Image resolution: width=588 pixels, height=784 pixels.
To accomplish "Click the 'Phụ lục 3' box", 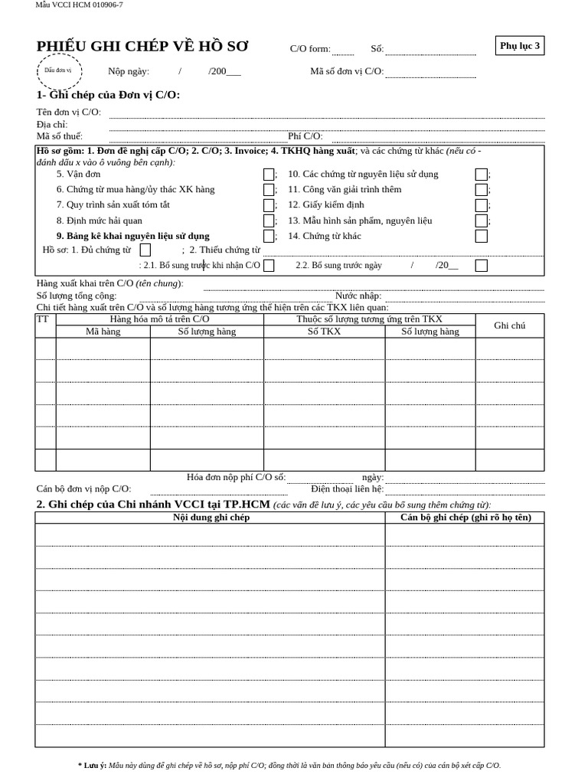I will pos(520,46).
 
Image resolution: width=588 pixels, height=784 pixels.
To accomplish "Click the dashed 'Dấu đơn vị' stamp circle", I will pos(58,70).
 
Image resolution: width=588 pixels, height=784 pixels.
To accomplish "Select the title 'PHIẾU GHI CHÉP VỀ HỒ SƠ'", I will pos(142,47).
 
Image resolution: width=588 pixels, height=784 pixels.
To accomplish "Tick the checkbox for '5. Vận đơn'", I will pos(269,175).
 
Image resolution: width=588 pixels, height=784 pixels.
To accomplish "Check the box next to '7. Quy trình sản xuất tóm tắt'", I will pos(269,205).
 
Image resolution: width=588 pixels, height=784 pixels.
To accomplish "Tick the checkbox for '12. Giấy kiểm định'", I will pos(481,205).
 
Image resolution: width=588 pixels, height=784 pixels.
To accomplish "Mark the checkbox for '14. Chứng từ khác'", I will pos(481,236).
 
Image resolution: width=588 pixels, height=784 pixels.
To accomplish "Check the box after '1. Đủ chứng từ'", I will pos(145,250).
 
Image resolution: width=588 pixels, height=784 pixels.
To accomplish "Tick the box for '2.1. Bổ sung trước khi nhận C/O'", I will pos(269,266).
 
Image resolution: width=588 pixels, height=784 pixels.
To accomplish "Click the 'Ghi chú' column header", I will pos(509,325).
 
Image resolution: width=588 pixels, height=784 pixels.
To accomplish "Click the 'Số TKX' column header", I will pos(324,332).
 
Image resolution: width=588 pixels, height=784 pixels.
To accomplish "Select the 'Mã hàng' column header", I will pos(103,332).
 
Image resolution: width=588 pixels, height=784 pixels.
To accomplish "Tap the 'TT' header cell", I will pos(43,319).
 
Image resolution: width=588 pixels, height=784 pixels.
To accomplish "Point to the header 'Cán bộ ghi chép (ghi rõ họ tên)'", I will pos(465,518).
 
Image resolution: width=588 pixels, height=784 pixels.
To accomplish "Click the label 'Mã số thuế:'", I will pos(60,136).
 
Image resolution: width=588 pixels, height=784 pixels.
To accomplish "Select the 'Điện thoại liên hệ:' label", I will pos(347,488).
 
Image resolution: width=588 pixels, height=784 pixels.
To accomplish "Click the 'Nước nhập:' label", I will pos(358,296).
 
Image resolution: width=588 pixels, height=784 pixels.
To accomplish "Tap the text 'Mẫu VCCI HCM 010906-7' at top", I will pos(79,5).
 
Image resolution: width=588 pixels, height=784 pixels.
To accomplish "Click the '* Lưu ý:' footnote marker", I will pos(92,765).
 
